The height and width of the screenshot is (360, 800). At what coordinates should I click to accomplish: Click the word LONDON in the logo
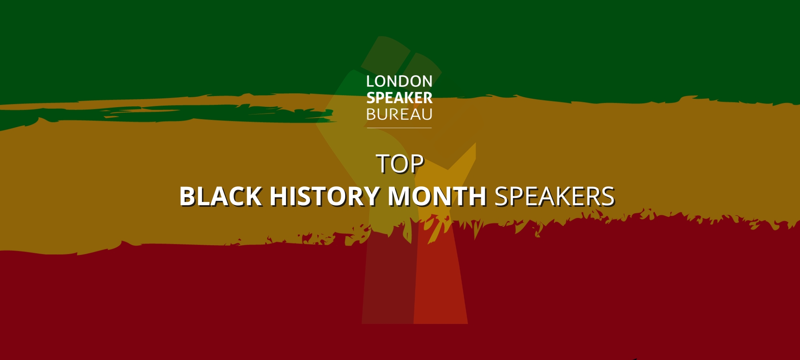399,82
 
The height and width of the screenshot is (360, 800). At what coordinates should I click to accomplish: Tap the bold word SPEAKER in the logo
399,98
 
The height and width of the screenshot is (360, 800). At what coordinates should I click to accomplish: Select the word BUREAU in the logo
399,115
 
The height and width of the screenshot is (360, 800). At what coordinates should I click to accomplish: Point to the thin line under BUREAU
399,128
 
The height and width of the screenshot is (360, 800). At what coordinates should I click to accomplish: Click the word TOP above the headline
400,164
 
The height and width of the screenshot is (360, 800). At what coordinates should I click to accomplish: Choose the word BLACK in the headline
220,196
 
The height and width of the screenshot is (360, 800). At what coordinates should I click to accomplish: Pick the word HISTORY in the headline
324,196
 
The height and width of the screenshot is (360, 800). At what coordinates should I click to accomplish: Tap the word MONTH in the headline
437,196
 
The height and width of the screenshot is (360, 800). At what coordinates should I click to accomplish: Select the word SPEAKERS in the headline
554,196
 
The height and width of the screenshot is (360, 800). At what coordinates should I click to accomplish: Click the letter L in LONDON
370,82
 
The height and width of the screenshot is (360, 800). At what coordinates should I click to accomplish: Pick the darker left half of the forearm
388,280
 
